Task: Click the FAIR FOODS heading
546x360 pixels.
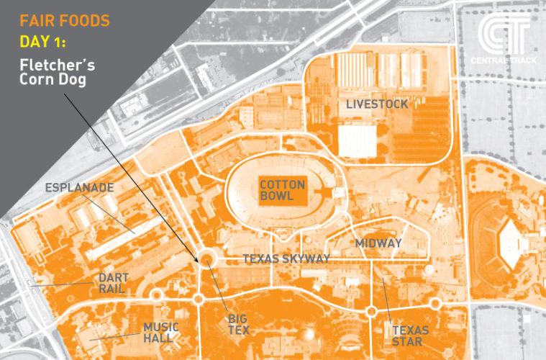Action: (x=65, y=21)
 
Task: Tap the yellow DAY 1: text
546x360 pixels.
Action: (x=42, y=42)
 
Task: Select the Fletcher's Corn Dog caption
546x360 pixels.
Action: (x=57, y=73)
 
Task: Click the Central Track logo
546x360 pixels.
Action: (x=504, y=38)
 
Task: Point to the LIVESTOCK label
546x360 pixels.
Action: (x=377, y=104)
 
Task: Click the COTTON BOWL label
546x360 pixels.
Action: (x=283, y=190)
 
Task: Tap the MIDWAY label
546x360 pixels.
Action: (x=378, y=243)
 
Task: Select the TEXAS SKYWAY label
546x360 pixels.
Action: (x=286, y=258)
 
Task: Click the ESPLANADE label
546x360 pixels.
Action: (x=80, y=187)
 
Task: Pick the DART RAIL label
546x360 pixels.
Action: (x=114, y=283)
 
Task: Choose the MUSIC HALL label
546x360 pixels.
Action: (x=161, y=333)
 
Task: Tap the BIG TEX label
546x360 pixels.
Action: (x=239, y=324)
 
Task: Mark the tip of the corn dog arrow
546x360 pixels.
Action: (x=198, y=262)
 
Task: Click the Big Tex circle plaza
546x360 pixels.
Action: (x=207, y=259)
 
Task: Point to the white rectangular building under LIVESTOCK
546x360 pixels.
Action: (x=358, y=141)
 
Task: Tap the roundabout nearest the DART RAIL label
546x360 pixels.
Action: (x=156, y=295)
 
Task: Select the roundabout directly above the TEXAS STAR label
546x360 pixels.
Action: (x=371, y=311)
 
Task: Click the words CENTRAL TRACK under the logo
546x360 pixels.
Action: (x=504, y=60)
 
